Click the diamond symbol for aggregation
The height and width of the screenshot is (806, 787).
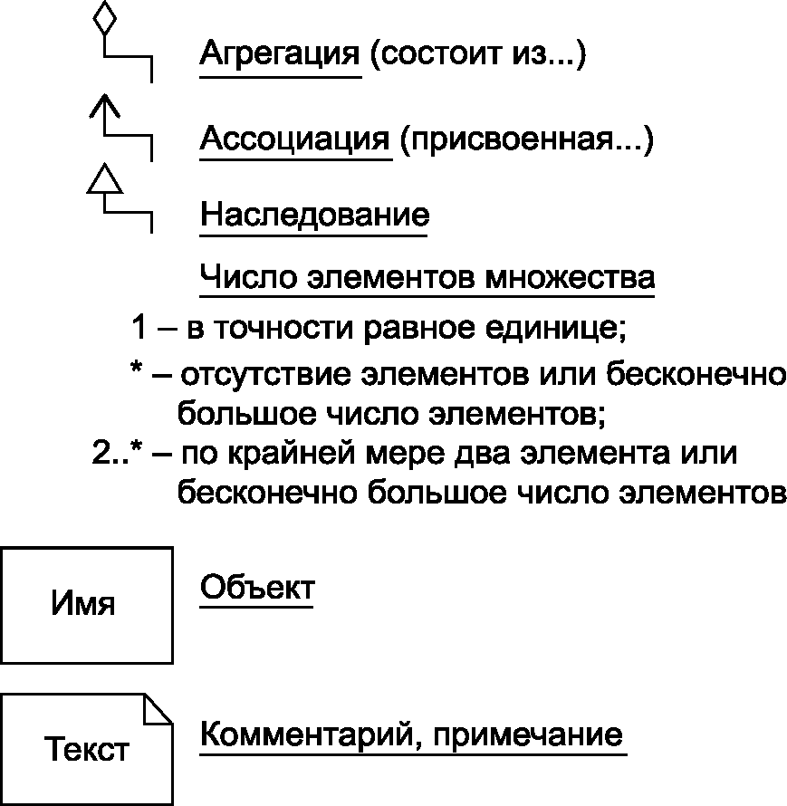coord(106,19)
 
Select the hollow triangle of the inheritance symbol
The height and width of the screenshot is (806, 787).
coord(106,178)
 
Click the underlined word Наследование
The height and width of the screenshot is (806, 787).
coord(314,216)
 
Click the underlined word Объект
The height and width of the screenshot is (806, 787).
coord(256,588)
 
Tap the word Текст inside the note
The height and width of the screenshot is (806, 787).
coord(87,751)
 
